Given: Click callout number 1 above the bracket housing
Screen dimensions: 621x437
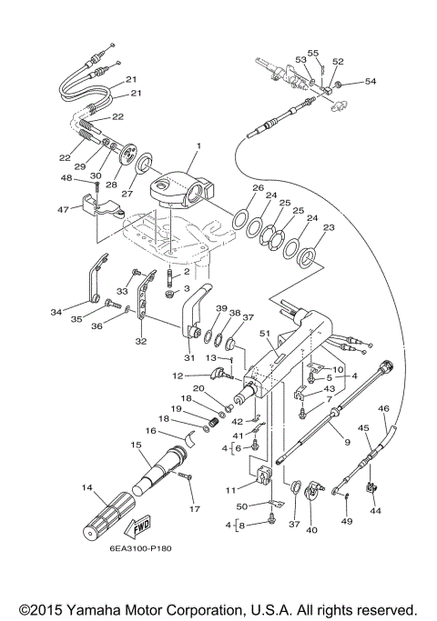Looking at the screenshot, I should coord(197,145).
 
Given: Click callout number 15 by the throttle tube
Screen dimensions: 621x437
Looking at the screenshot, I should coord(136,446).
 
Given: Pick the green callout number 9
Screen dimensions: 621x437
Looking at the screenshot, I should coord(345,442).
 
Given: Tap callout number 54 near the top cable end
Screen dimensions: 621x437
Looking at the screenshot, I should coord(370,82).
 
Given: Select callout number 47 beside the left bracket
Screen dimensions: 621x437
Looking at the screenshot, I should coord(63,209).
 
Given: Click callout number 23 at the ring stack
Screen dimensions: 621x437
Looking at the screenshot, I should coord(329,228).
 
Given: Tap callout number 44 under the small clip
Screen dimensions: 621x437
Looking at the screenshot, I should coord(375,511).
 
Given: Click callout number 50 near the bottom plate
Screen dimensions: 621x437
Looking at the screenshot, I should coord(242,506).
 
